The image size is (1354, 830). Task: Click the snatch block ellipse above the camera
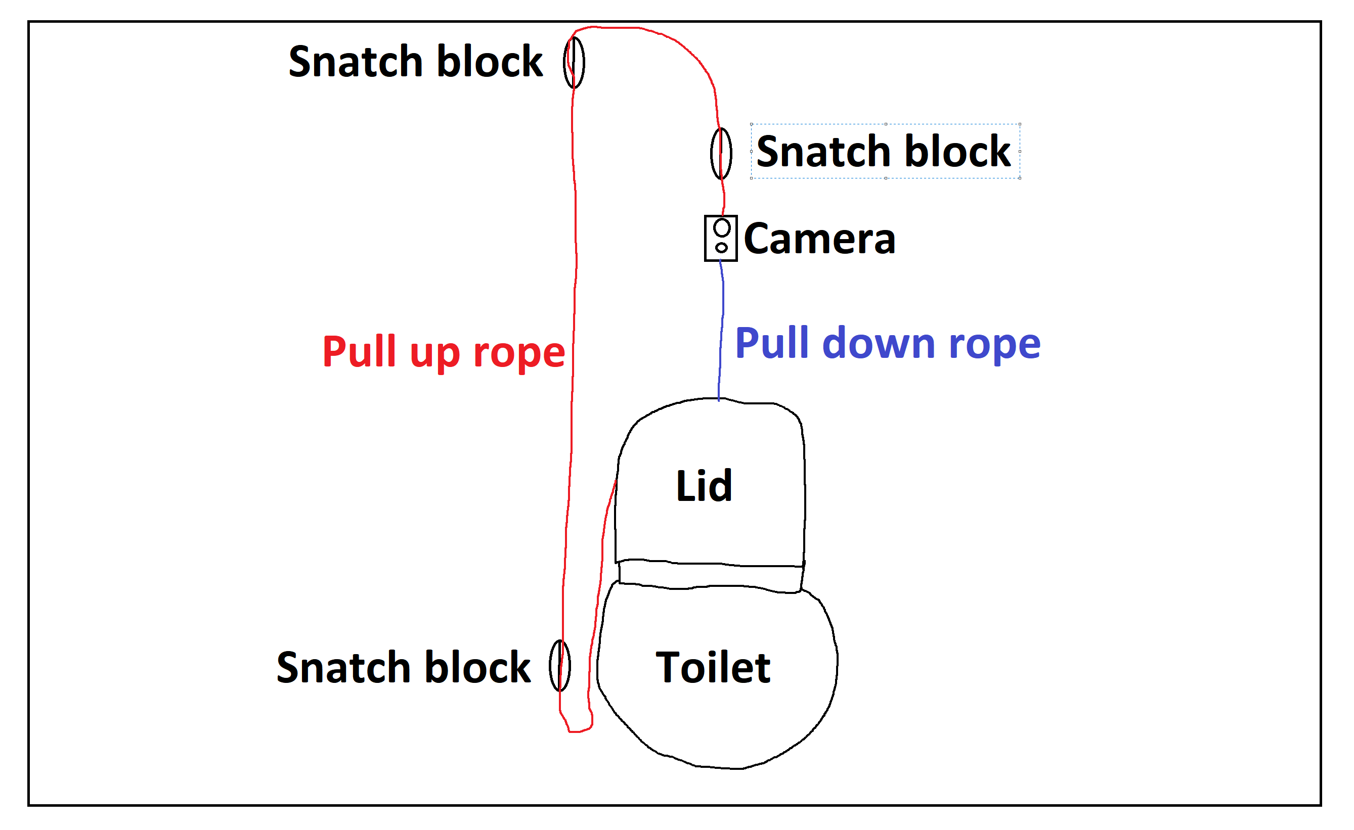click(721, 154)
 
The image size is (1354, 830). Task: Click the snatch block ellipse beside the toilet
click(559, 665)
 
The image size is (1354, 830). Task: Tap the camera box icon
click(720, 238)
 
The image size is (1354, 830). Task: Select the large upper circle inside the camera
click(722, 227)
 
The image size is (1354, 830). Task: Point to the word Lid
click(704, 486)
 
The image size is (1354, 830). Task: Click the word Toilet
click(713, 667)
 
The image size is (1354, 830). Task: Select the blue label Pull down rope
click(887, 343)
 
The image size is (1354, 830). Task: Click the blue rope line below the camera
click(722, 330)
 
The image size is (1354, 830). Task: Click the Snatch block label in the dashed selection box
click(883, 151)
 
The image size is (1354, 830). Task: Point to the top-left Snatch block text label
click(415, 62)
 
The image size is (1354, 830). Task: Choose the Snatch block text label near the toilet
click(403, 667)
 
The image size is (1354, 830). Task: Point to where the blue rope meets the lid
click(718, 400)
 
